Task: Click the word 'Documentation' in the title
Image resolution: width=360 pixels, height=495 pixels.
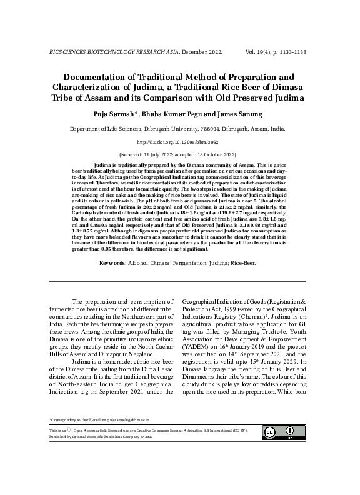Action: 87,77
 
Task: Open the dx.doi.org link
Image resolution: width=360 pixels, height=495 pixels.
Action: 180,142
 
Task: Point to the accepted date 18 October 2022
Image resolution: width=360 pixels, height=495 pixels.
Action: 212,154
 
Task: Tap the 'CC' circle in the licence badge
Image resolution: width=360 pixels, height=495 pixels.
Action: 271,433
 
